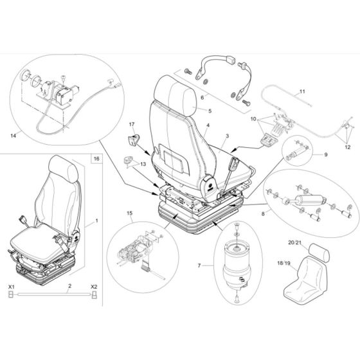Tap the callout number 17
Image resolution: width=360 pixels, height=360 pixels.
pyautogui.click(x=132, y=123)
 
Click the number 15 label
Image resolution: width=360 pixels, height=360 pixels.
pyautogui.click(x=129, y=212)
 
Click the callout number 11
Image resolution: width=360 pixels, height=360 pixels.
pyautogui.click(x=302, y=94)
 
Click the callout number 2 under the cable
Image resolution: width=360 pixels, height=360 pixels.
pyautogui.click(x=52, y=284)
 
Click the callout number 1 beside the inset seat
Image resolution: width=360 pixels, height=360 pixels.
pyautogui.click(x=96, y=221)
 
